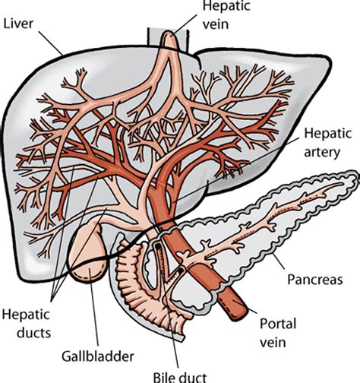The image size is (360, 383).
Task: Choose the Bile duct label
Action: point(192,375)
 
